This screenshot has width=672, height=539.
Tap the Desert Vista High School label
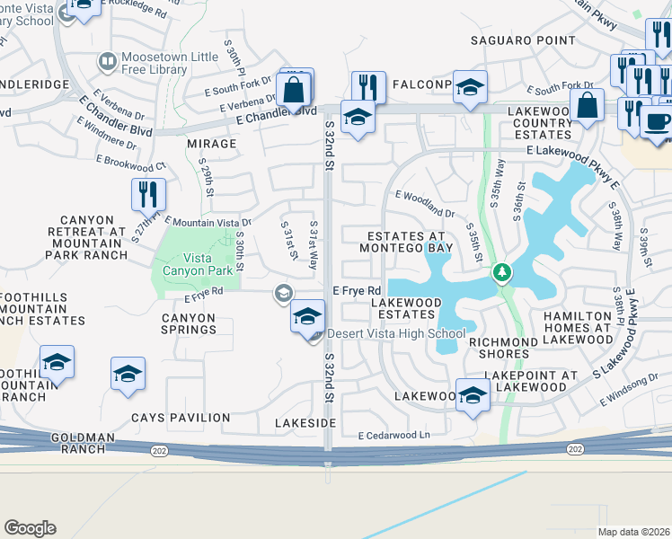[x=396, y=333]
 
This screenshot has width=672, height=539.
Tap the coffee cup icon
[x=656, y=123]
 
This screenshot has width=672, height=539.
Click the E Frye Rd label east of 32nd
[x=358, y=290]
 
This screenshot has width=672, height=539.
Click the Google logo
[x=30, y=527]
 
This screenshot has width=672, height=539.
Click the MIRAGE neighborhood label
[x=211, y=144]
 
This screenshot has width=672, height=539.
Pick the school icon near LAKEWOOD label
[x=472, y=395]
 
